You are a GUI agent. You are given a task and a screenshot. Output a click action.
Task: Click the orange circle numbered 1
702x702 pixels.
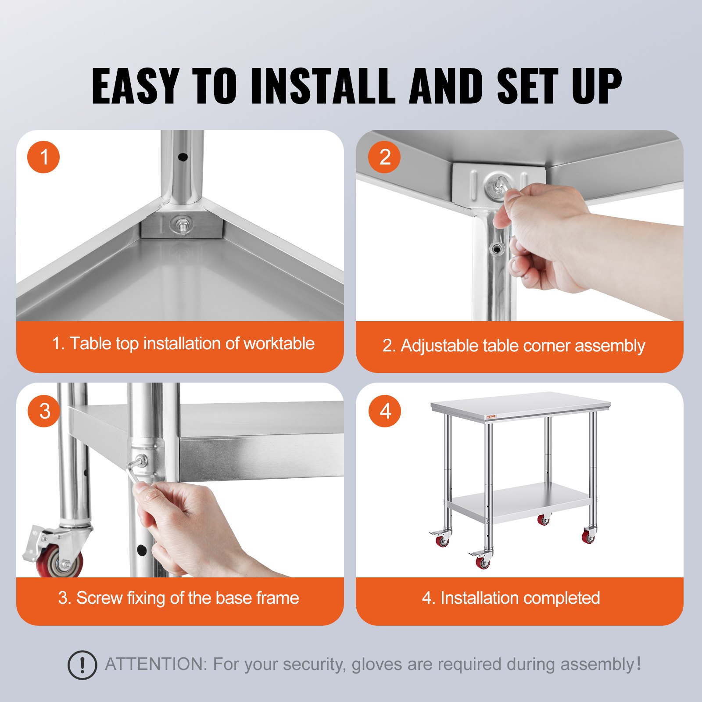click(x=43, y=157)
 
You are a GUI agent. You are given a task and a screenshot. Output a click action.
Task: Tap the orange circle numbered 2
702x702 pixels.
click(x=384, y=157)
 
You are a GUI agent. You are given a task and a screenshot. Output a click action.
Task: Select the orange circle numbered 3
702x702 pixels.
click(x=44, y=411)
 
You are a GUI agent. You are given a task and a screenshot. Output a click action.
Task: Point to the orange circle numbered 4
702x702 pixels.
click(x=385, y=411)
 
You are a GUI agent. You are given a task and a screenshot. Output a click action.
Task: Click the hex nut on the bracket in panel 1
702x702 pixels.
click(x=181, y=226)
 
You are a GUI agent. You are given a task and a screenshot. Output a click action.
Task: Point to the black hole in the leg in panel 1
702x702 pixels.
click(x=183, y=157)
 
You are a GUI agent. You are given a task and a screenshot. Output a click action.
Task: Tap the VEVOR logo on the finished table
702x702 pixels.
click(x=491, y=416)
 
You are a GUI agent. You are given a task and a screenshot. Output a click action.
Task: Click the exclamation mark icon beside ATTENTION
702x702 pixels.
click(x=82, y=665)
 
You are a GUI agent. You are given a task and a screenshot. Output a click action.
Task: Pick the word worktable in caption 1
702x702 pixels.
click(x=279, y=344)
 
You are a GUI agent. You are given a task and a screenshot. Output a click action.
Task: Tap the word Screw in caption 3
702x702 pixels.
click(x=99, y=598)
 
